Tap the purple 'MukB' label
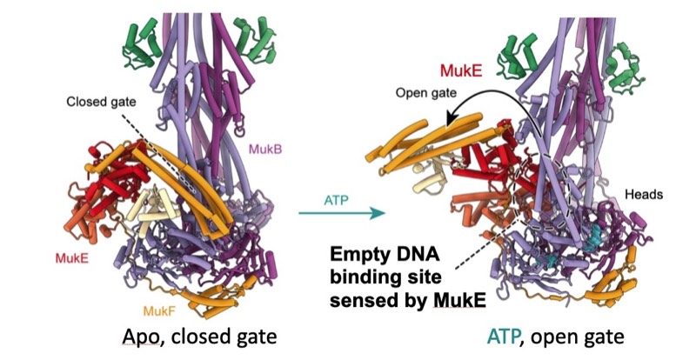[267, 150]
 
